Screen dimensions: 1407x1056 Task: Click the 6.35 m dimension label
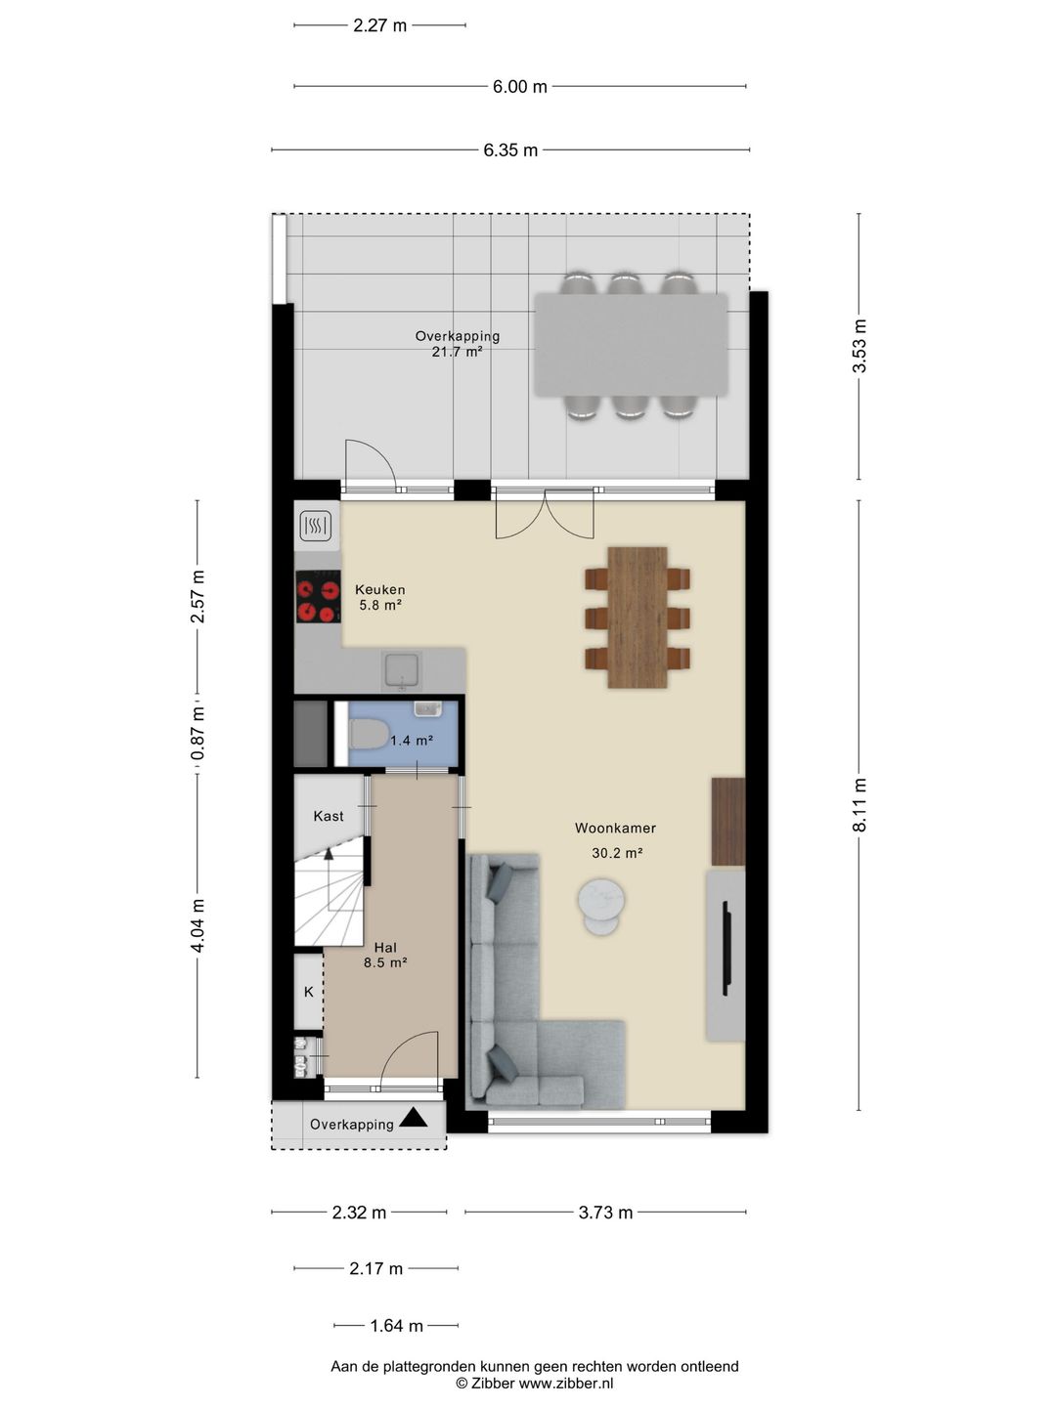coord(510,150)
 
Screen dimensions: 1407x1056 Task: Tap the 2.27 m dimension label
coord(379,26)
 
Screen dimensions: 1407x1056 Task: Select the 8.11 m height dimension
coord(859,805)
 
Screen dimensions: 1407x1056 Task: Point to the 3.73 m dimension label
coord(605,1213)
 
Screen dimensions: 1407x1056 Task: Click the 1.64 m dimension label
coord(396,1326)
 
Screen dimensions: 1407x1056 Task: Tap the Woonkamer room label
coord(615,829)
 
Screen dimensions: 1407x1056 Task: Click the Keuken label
coord(379,590)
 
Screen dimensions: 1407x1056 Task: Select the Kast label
coord(329,816)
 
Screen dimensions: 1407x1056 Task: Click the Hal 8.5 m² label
coord(385,955)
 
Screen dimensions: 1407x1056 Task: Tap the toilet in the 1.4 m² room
coord(368,733)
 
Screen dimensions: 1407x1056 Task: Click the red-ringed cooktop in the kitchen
coord(318,597)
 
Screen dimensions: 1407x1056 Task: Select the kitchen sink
coord(403,670)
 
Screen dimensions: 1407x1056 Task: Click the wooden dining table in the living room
coord(638,618)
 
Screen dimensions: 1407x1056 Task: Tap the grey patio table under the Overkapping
coord(631,345)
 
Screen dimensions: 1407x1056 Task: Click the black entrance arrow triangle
coord(413,1117)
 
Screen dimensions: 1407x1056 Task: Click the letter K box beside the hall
coord(309,992)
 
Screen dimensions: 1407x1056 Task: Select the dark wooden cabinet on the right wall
coord(727,821)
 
